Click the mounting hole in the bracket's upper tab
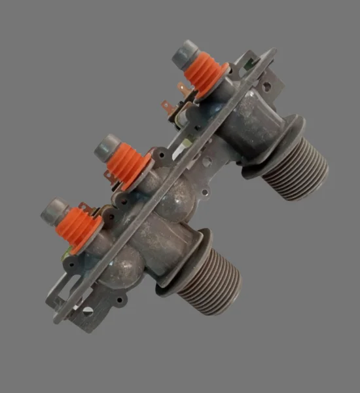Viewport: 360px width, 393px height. (x=268, y=85)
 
